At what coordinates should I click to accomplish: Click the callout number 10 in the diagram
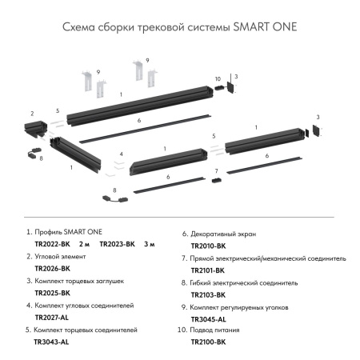tap(217, 78)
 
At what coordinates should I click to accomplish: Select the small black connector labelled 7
tap(214, 182)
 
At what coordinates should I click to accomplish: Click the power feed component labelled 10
tap(219, 89)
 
